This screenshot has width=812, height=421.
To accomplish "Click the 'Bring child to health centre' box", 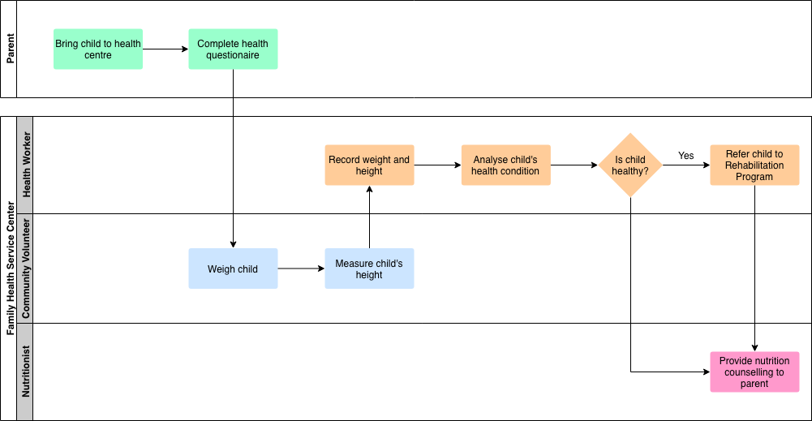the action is pyautogui.click(x=98, y=49).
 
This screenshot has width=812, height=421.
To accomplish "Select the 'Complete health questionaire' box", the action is pyautogui.click(x=233, y=49).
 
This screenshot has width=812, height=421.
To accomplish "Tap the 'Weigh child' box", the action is pyautogui.click(x=233, y=268).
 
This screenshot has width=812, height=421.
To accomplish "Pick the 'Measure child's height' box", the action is pyautogui.click(x=369, y=268).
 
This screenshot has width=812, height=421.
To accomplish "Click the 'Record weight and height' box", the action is pyautogui.click(x=369, y=165).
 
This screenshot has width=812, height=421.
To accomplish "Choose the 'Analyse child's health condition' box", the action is pyautogui.click(x=506, y=165).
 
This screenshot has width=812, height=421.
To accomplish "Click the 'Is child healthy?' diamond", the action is pyautogui.click(x=630, y=165).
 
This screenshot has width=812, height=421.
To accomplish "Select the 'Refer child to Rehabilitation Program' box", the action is pyautogui.click(x=754, y=165).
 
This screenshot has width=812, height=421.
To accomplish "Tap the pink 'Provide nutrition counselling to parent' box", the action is pyautogui.click(x=754, y=372).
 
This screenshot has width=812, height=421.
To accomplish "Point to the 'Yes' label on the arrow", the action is pyautogui.click(x=686, y=156).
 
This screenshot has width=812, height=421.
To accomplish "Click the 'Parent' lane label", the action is pyautogui.click(x=10, y=49).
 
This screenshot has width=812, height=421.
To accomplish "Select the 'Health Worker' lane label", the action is pyautogui.click(x=27, y=165).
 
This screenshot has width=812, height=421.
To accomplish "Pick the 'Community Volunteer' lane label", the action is pyautogui.click(x=26, y=268).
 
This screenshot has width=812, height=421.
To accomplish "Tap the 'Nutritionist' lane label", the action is pyautogui.click(x=26, y=372).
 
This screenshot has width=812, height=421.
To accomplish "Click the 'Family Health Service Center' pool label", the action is pyautogui.click(x=11, y=268).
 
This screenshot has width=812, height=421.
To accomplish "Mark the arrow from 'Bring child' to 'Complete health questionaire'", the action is pyautogui.click(x=165, y=49).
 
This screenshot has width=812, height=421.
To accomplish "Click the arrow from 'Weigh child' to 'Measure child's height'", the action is pyautogui.click(x=302, y=268).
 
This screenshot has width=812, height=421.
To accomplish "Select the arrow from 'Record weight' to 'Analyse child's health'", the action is pyautogui.click(x=437, y=165).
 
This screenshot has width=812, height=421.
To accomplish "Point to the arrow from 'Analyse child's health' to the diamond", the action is pyautogui.click(x=574, y=165).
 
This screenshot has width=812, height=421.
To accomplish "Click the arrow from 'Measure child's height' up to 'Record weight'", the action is pyautogui.click(x=369, y=217).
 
